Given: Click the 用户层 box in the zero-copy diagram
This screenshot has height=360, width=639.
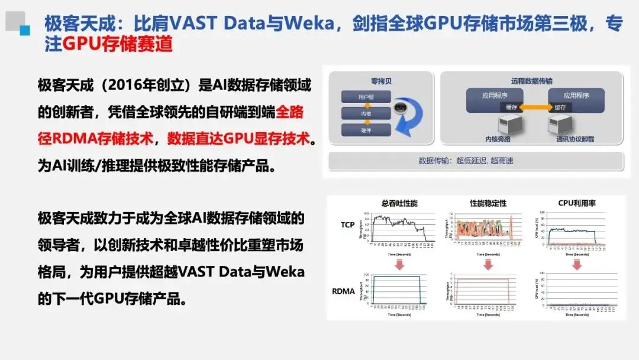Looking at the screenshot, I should [358, 97].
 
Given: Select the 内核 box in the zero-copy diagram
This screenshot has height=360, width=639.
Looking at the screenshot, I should [358, 113].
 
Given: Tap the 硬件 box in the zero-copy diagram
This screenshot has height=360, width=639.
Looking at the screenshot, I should [358, 129].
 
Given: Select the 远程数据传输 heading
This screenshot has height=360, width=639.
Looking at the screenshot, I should [531, 81].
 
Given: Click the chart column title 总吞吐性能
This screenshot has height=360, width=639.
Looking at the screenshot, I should [399, 203].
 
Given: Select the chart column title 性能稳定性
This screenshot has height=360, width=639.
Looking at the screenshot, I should [488, 203].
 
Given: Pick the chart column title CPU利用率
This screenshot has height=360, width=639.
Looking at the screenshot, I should [577, 203].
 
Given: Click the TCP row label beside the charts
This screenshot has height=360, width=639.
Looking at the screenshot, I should [348, 225].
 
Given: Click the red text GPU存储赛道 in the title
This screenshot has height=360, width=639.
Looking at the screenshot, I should [117, 44].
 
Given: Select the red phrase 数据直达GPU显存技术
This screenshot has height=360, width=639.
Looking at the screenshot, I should [238, 138].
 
